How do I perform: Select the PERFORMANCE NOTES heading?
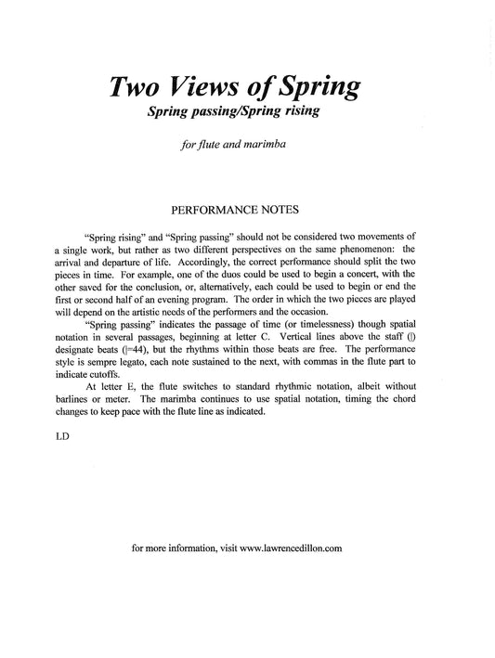[x=247, y=213]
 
